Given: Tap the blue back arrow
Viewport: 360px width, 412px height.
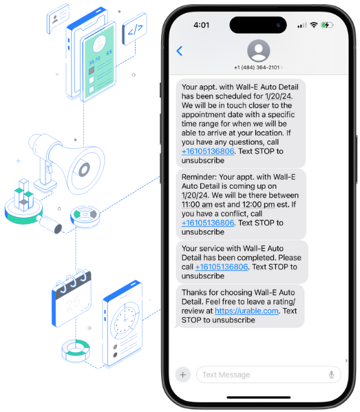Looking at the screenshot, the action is point(180,51).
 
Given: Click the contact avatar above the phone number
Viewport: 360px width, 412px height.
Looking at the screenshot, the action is point(258,51).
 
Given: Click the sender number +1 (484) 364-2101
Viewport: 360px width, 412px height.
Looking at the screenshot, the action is point(257,68).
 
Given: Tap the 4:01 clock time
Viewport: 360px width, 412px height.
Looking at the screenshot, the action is point(202,25).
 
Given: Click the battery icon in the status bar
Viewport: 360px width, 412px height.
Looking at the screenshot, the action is point(327,25).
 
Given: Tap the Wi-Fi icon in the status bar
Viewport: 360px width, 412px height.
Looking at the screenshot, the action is point(313,25).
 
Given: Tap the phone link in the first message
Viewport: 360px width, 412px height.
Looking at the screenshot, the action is point(208,152).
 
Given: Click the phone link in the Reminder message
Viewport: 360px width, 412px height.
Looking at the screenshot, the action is point(208,223).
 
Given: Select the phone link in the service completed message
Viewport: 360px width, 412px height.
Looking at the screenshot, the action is point(222,267).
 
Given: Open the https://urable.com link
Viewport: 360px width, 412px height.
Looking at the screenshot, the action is point(246,311).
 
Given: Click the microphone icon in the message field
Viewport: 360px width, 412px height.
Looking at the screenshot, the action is point(332,374).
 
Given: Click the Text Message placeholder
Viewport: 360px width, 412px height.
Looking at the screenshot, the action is point(226,375).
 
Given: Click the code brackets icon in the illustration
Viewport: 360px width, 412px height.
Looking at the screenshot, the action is point(134,29).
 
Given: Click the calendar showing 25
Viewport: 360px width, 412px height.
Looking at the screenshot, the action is point(72,298).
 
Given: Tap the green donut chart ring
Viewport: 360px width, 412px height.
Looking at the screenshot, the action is point(76,350).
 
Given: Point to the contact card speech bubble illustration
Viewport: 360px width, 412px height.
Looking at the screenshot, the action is point(58,18).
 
